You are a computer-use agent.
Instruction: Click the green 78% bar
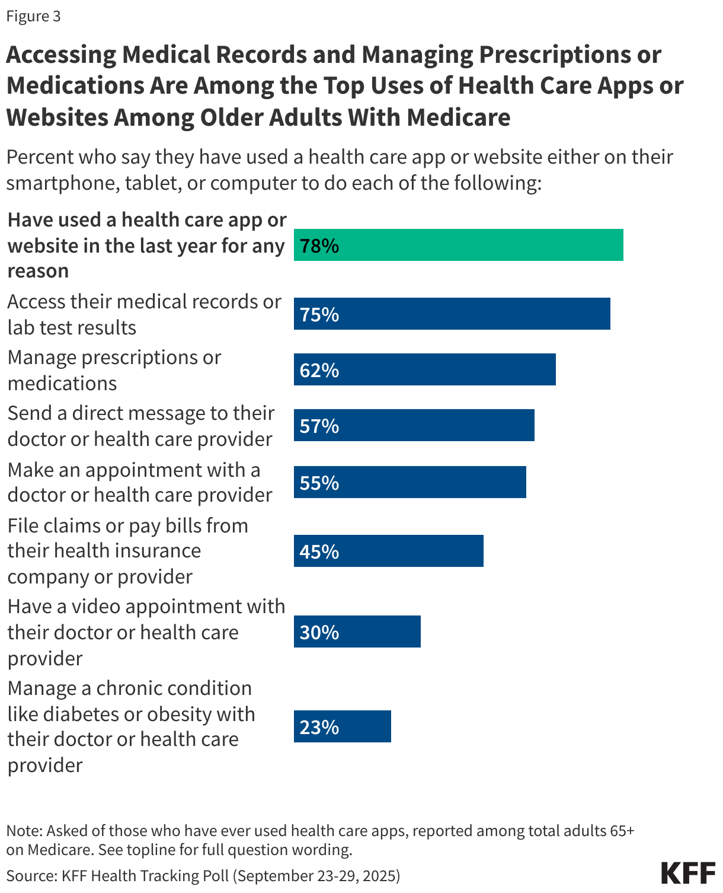(x=459, y=245)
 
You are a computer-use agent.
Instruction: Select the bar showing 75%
(x=452, y=314)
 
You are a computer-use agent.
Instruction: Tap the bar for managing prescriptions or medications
(x=425, y=369)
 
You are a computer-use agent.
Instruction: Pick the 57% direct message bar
(x=414, y=425)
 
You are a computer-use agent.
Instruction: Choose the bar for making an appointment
(x=410, y=482)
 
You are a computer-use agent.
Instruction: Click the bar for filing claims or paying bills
(x=389, y=551)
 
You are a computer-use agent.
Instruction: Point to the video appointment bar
(x=357, y=632)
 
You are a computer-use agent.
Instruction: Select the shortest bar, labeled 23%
(x=343, y=726)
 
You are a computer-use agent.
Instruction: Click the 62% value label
(x=319, y=370)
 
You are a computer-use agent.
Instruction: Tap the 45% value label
(x=319, y=551)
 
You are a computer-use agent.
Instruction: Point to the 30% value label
(x=319, y=632)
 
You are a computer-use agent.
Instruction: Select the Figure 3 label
(x=34, y=16)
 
